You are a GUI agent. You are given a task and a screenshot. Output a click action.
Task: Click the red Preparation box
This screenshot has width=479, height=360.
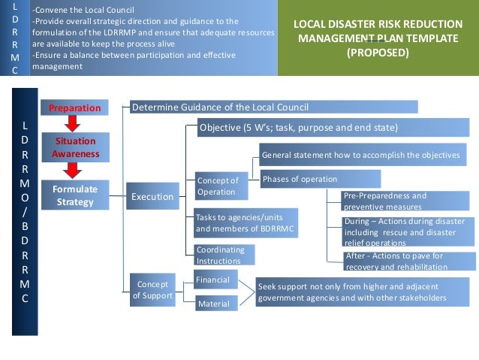pyautogui.click(x=74, y=108)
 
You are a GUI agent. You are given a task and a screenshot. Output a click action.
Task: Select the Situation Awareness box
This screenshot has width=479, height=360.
pyautogui.click(x=74, y=147)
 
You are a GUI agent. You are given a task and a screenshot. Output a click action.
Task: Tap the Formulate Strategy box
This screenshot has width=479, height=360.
pyautogui.click(x=74, y=195)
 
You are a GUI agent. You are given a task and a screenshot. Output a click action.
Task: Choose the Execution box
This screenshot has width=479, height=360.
pyautogui.click(x=152, y=197)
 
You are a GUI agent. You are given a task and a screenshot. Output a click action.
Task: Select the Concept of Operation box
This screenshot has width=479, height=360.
pyautogui.click(x=218, y=186)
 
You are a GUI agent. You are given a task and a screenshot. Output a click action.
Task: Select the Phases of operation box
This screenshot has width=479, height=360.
pyautogui.click(x=320, y=179)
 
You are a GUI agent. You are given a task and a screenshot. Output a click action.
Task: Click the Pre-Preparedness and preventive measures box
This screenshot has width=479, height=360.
pyautogui.click(x=399, y=201)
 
